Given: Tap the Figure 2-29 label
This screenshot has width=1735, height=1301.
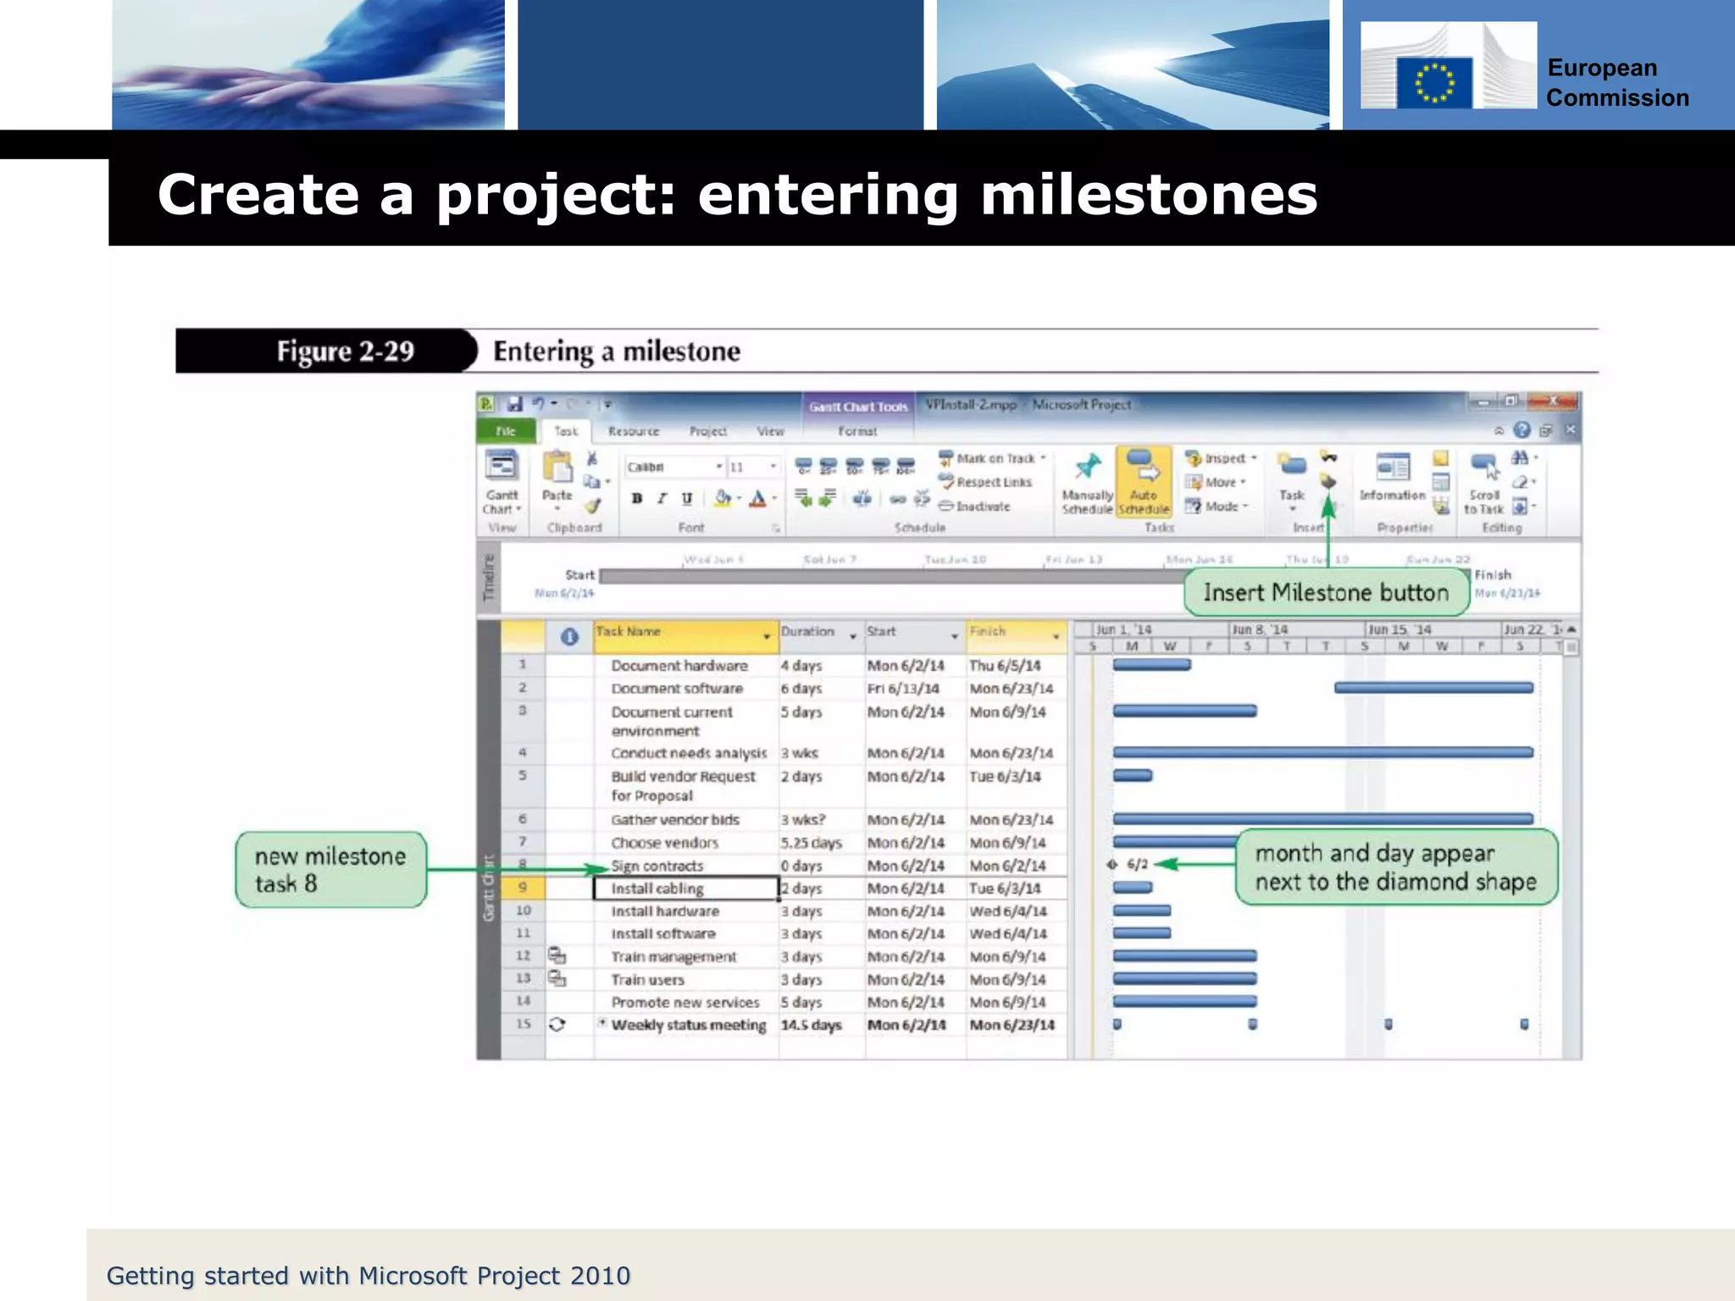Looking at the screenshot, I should click(x=345, y=351).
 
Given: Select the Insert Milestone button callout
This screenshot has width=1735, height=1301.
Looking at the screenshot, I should click(x=1326, y=592).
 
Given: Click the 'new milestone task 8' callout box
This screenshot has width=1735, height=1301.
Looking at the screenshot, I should click(x=330, y=870).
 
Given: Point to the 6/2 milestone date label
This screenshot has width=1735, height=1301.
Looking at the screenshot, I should click(x=1137, y=864).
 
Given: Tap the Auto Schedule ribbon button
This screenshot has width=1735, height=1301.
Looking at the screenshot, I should click(x=1143, y=483).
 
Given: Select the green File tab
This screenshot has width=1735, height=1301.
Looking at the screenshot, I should click(x=506, y=431).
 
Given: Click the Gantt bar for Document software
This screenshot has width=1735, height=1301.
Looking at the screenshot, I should click(x=1433, y=688).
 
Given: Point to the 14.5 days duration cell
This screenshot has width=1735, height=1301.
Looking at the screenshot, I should click(x=811, y=1025).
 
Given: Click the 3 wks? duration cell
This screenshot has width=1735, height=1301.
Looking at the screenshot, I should click(x=802, y=820).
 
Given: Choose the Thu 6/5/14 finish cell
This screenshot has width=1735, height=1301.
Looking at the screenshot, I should click(x=1005, y=666).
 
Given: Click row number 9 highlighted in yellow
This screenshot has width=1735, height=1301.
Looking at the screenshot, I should click(x=523, y=888).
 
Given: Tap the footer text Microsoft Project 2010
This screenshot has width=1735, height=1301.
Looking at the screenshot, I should click(x=494, y=1276).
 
